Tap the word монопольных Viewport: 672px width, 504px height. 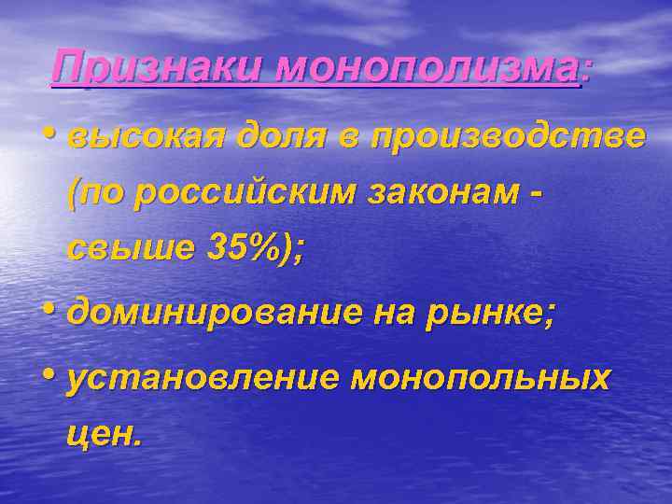pos(481,379)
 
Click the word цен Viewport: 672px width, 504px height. pos(104,435)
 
